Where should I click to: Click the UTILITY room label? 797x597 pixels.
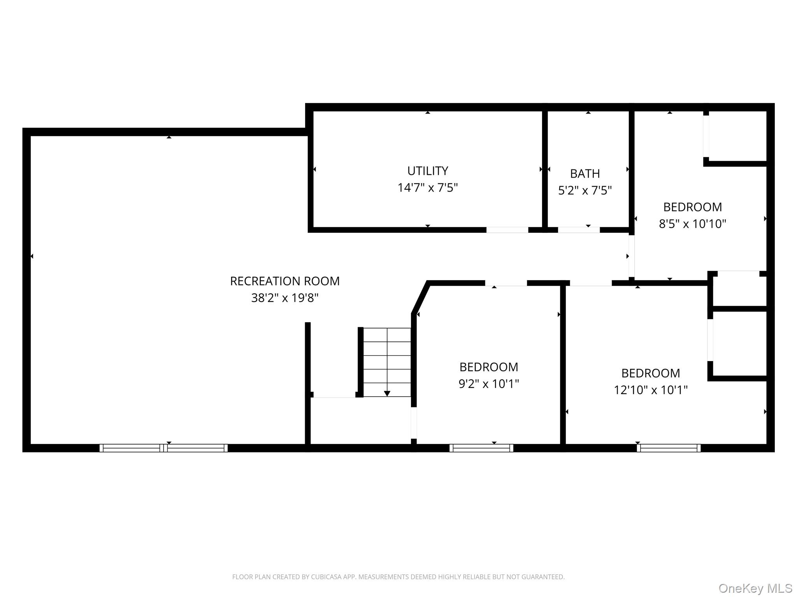(x=427, y=171)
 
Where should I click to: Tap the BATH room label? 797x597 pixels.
(x=585, y=173)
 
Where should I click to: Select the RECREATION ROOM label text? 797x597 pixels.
(x=284, y=281)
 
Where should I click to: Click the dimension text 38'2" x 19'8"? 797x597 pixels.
(x=284, y=298)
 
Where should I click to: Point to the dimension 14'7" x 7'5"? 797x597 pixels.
(x=427, y=188)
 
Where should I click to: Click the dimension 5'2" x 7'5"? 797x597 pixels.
(x=585, y=190)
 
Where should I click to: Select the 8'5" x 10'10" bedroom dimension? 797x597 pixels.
(x=692, y=224)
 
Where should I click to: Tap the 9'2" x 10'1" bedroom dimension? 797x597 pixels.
(x=488, y=384)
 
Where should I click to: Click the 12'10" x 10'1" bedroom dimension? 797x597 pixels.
(x=650, y=390)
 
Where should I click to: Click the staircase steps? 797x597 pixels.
(x=387, y=361)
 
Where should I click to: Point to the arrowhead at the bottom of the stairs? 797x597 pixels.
(x=387, y=394)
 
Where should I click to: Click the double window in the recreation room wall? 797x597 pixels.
(x=163, y=448)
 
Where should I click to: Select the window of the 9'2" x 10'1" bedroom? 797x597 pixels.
(x=481, y=448)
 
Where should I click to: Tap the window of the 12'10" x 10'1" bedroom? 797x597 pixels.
(x=668, y=448)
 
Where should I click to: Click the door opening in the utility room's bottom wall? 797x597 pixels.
(x=507, y=230)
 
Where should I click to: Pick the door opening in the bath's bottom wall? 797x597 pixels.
(x=579, y=230)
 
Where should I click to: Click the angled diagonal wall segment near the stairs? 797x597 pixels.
(x=421, y=298)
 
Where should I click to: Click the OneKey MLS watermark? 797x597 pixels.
(x=755, y=588)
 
